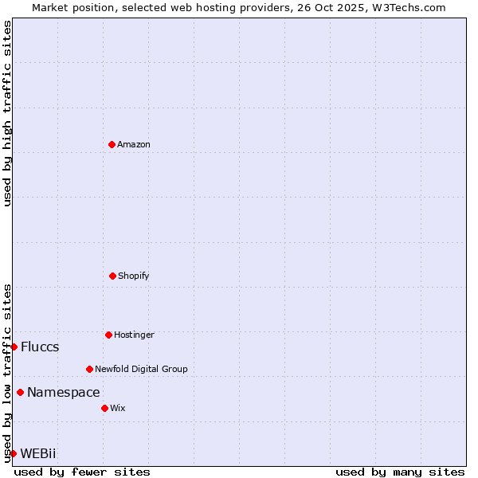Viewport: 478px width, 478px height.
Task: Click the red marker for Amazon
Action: [x=112, y=144]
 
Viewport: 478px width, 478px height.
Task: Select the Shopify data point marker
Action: [x=112, y=276]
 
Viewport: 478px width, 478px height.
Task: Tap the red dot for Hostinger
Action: [x=108, y=335]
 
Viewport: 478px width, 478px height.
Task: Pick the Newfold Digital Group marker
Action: [x=89, y=369]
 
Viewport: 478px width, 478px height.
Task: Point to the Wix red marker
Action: [x=104, y=408]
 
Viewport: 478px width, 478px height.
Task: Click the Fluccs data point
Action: [x=14, y=347]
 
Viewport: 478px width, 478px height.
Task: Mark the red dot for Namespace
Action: [x=20, y=392]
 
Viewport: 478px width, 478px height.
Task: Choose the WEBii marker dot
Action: [x=13, y=453]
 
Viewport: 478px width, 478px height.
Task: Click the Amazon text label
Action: [x=134, y=144]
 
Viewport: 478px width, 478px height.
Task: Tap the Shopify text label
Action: [x=134, y=276]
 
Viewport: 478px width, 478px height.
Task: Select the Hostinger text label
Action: [x=134, y=335]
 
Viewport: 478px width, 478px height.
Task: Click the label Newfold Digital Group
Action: [x=141, y=369]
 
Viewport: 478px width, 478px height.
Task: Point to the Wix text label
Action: [x=118, y=408]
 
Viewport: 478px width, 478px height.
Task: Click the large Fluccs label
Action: [x=40, y=347]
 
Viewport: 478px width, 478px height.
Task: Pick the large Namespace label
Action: [x=64, y=392]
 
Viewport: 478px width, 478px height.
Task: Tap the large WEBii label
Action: [x=38, y=453]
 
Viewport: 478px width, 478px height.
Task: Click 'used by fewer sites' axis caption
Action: [x=82, y=472]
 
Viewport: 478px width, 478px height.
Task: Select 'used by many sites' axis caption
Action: [x=400, y=472]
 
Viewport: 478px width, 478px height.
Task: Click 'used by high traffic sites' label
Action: [x=7, y=113]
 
